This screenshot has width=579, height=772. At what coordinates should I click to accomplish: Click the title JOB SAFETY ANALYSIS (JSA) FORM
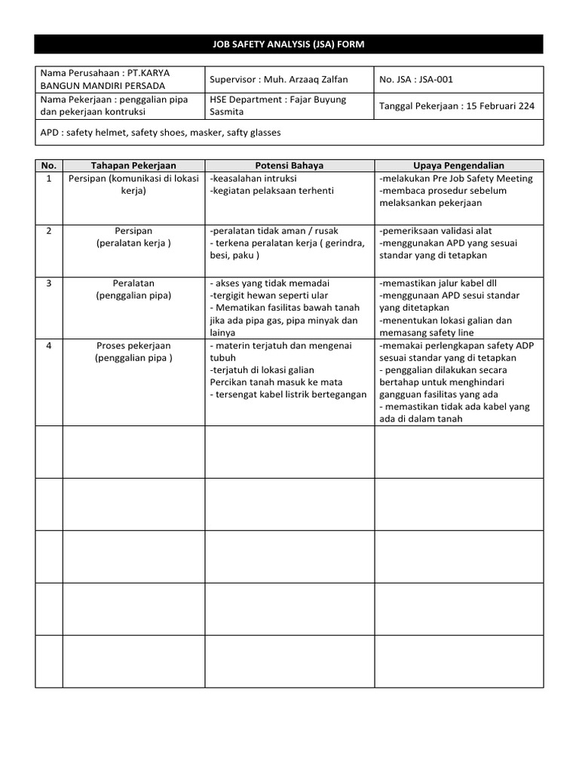pyautogui.click(x=289, y=44)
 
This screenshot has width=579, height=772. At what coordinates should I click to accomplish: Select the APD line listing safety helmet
pyautogui.click(x=161, y=132)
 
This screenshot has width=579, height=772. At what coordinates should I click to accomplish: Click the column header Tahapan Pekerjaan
pyautogui.click(x=133, y=166)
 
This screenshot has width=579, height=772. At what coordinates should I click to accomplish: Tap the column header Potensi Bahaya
pyautogui.click(x=289, y=166)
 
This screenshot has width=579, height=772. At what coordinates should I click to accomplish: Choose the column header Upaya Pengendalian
pyautogui.click(x=458, y=166)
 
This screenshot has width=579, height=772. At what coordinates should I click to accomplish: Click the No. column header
pyautogui.click(x=49, y=166)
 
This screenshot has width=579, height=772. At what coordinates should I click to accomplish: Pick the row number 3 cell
pyautogui.click(x=49, y=283)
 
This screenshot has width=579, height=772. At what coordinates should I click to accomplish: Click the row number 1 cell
pyautogui.click(x=49, y=179)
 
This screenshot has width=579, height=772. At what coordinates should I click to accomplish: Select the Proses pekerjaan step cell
pyautogui.click(x=133, y=352)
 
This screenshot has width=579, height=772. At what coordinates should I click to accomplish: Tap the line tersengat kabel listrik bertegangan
pyautogui.click(x=289, y=394)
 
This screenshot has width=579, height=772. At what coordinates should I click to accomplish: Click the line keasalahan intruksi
pyautogui.click(x=254, y=179)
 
